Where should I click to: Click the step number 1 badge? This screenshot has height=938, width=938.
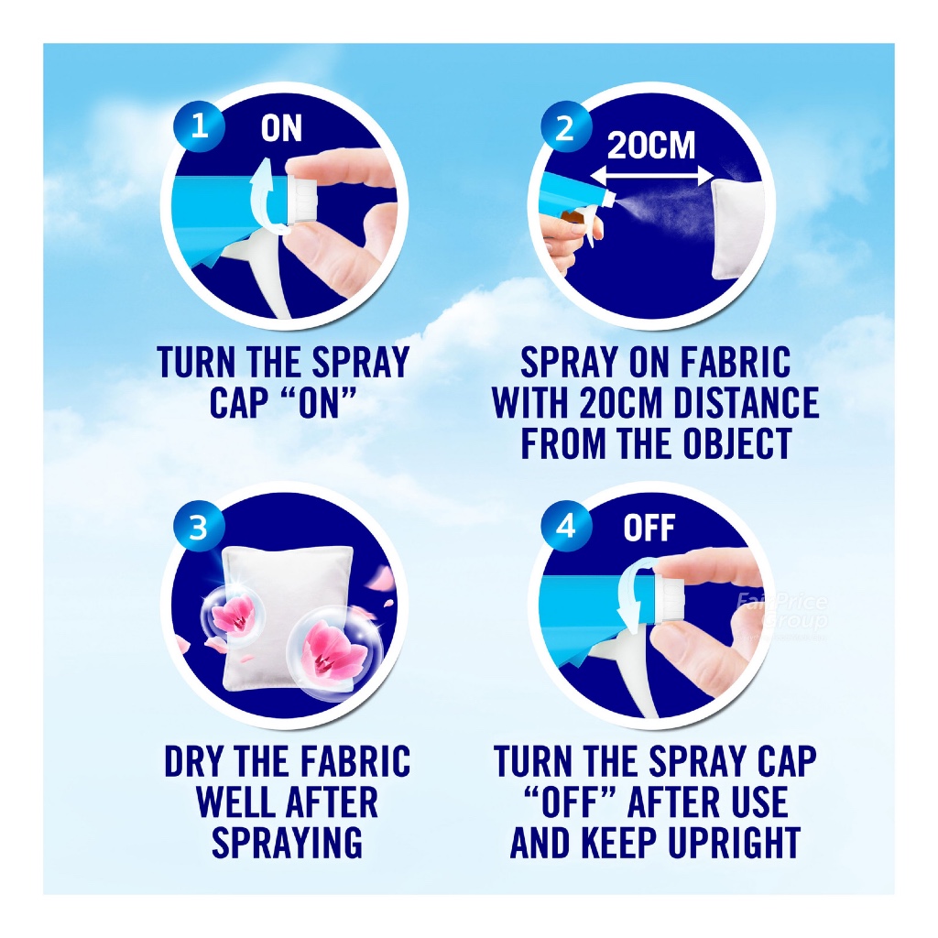click(198, 126)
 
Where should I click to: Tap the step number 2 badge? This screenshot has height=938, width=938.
click(565, 127)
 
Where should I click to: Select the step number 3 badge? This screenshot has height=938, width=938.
click(198, 527)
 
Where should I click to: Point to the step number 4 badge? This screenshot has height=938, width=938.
click(565, 527)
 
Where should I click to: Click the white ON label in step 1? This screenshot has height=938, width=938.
click(281, 128)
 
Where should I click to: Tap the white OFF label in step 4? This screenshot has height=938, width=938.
click(649, 529)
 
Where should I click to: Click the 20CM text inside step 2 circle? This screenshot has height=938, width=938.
click(651, 146)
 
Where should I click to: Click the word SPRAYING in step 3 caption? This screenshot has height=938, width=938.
click(287, 843)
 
